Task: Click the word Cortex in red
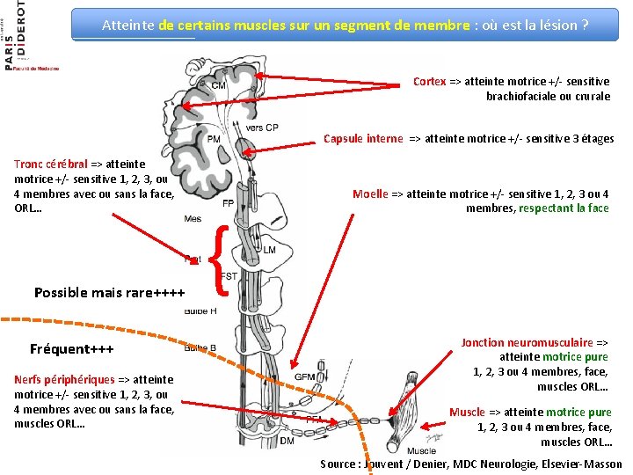[x=430, y=82]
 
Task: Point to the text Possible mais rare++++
[x=109, y=293]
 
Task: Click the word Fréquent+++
[x=72, y=349]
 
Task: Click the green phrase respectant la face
[x=564, y=208]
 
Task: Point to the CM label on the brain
[x=218, y=85]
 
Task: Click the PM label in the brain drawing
[x=213, y=139]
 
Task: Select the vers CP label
[x=262, y=128]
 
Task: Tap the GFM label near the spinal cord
[x=305, y=377]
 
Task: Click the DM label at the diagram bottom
[x=287, y=442]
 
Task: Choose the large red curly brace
[x=222, y=259]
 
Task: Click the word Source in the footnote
[x=339, y=464]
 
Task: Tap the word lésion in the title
[x=536, y=25]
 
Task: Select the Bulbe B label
[x=200, y=348]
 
